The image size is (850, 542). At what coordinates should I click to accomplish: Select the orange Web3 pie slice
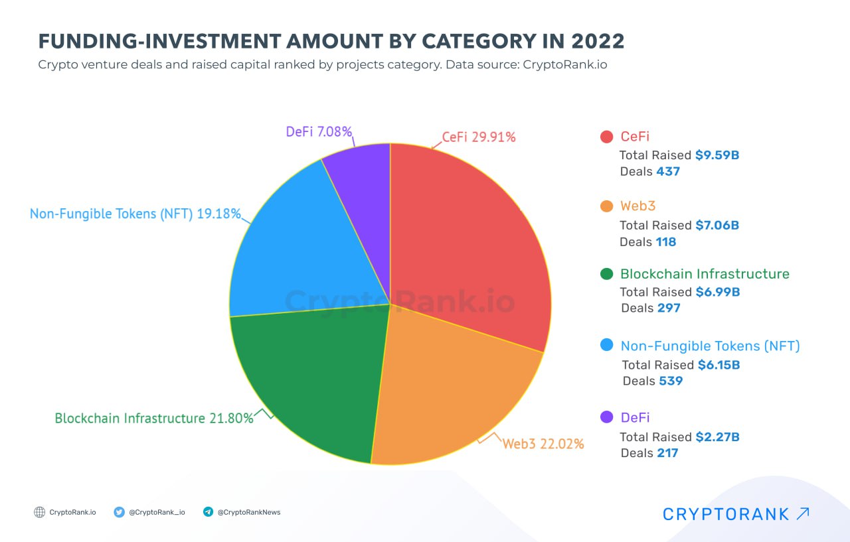click(452, 391)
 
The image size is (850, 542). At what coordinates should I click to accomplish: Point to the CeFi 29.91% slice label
click(478, 137)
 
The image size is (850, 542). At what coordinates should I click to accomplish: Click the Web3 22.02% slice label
click(543, 444)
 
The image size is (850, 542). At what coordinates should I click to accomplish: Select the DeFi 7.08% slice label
click(319, 131)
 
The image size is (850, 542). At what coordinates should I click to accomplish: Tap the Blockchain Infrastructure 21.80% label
click(154, 419)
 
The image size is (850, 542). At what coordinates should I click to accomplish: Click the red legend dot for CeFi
click(606, 137)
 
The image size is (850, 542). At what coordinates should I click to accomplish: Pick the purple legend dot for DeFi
click(606, 417)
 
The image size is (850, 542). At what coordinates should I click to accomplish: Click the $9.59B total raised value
click(717, 155)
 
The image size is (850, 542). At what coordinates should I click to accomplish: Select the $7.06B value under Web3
click(717, 226)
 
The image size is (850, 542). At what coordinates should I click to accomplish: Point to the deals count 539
click(671, 381)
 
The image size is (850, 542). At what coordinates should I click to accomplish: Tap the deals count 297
click(669, 308)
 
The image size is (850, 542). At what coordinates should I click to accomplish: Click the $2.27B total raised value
click(717, 437)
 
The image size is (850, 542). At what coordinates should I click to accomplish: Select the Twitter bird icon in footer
click(120, 512)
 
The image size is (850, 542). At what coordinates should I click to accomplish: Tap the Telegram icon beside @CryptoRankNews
click(208, 512)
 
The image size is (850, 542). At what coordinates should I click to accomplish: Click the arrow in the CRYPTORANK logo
click(803, 513)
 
